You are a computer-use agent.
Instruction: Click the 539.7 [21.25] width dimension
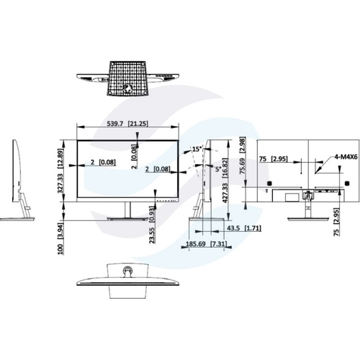coord(127,124)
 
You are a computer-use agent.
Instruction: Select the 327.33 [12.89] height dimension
coord(60,171)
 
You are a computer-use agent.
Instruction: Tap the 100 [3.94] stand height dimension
coord(60,239)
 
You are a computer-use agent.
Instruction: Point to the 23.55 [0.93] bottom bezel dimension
coord(152,225)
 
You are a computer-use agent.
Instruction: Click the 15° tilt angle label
coord(197,149)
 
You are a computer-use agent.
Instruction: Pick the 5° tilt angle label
coord(217,169)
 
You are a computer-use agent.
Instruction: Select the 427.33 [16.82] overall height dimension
coord(225,180)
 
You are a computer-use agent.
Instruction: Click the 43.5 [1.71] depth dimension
coord(244,228)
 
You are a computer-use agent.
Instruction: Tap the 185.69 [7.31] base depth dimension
coord(206,244)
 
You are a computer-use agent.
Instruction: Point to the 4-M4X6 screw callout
coord(346,157)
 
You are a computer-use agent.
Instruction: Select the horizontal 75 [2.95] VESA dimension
coord(274,159)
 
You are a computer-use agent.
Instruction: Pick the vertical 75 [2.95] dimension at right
coord(337,222)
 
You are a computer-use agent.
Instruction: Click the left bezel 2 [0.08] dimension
coord(103,163)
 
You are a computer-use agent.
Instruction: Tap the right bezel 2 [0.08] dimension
coord(158,169)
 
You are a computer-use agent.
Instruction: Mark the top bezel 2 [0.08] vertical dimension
coord(135,157)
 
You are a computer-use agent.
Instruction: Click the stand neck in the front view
coord(127,210)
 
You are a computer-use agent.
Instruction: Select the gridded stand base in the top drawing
coord(127,78)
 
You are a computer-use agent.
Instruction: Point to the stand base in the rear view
coord(308,218)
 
